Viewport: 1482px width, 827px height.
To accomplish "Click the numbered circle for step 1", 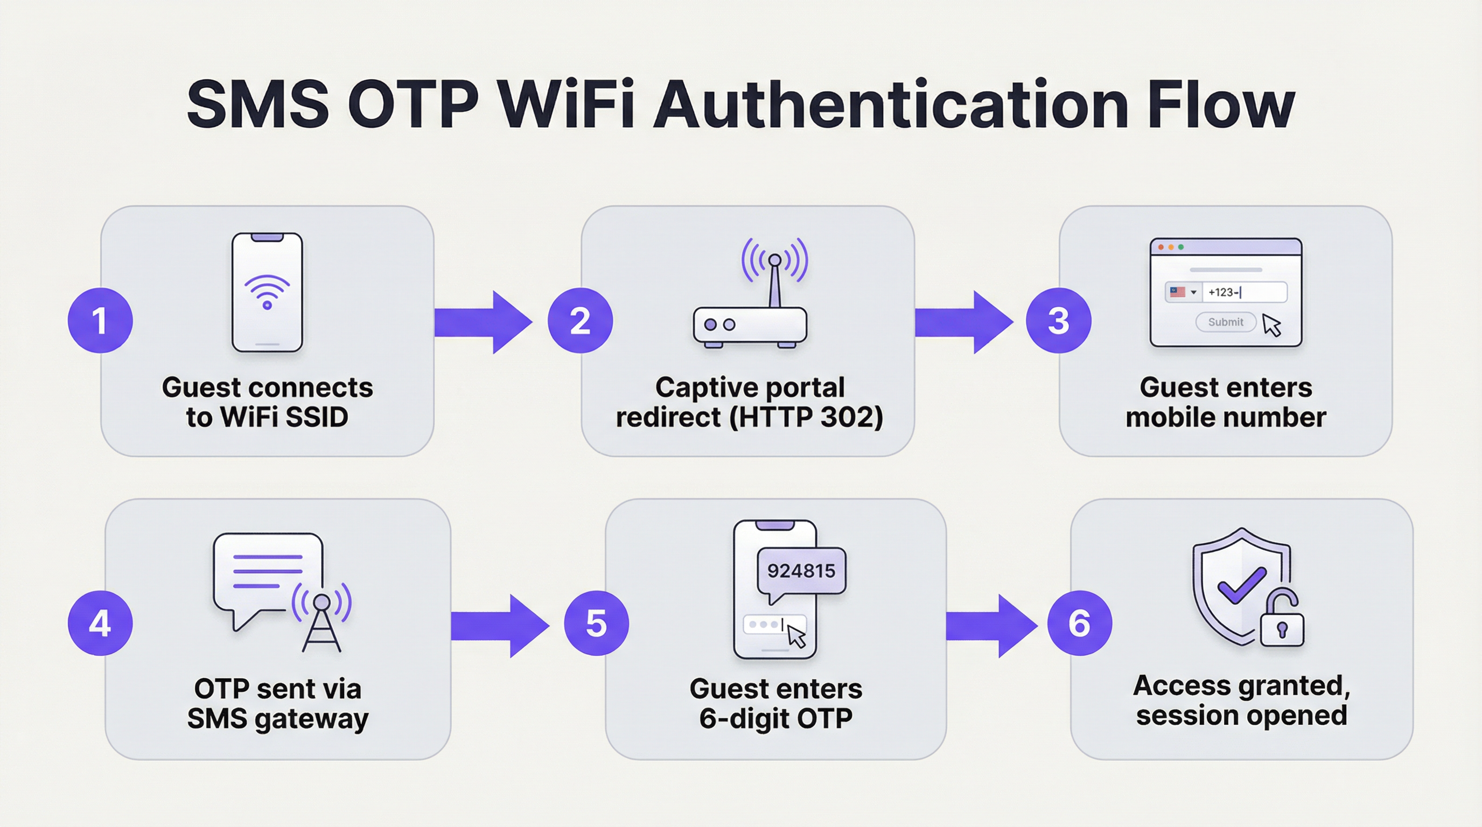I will tap(100, 320).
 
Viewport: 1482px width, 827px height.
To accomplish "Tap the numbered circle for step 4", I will tap(100, 623).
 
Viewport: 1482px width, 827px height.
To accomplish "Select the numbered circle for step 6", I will tap(1079, 623).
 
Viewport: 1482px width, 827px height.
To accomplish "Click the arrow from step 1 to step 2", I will tap(482, 322).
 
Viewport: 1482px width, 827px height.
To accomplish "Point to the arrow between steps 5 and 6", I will tap(991, 626).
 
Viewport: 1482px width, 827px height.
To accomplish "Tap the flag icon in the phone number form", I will tap(1177, 292).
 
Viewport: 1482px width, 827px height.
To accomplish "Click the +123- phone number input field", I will tap(1244, 292).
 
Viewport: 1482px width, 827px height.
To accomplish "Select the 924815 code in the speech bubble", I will tap(801, 571).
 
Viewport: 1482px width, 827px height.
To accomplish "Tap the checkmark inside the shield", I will tap(1241, 585).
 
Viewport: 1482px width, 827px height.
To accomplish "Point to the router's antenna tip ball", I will tap(774, 260).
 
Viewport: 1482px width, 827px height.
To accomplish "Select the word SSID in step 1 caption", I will tap(317, 417).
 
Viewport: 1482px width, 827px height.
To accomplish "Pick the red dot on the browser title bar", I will tap(1161, 247).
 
